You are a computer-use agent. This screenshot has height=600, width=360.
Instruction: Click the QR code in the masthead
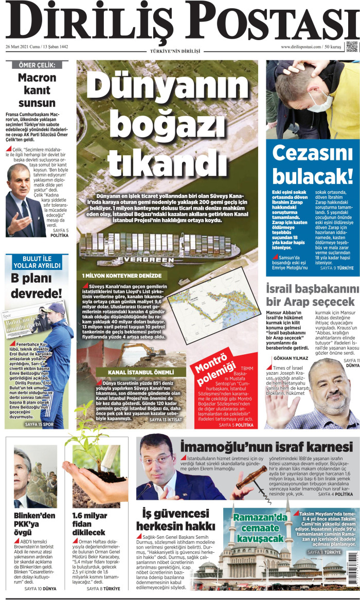tap(351, 46)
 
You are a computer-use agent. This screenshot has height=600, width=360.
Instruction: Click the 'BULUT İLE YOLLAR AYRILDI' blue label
tap(37, 261)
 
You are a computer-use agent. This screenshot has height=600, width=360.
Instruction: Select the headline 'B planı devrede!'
tap(37, 286)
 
